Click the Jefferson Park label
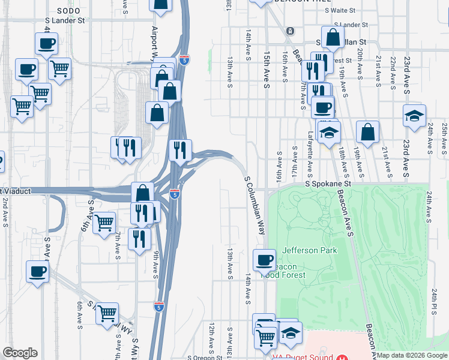[x=309, y=250]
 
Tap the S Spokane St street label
[x=327, y=184]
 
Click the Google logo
[x=20, y=353]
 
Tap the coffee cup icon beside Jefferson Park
[x=264, y=261]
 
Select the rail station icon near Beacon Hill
[x=290, y=31]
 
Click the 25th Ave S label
[x=444, y=138]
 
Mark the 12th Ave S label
[x=212, y=337]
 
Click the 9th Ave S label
[x=155, y=265]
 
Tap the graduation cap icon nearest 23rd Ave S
[x=414, y=116]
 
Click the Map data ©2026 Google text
[x=412, y=355]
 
